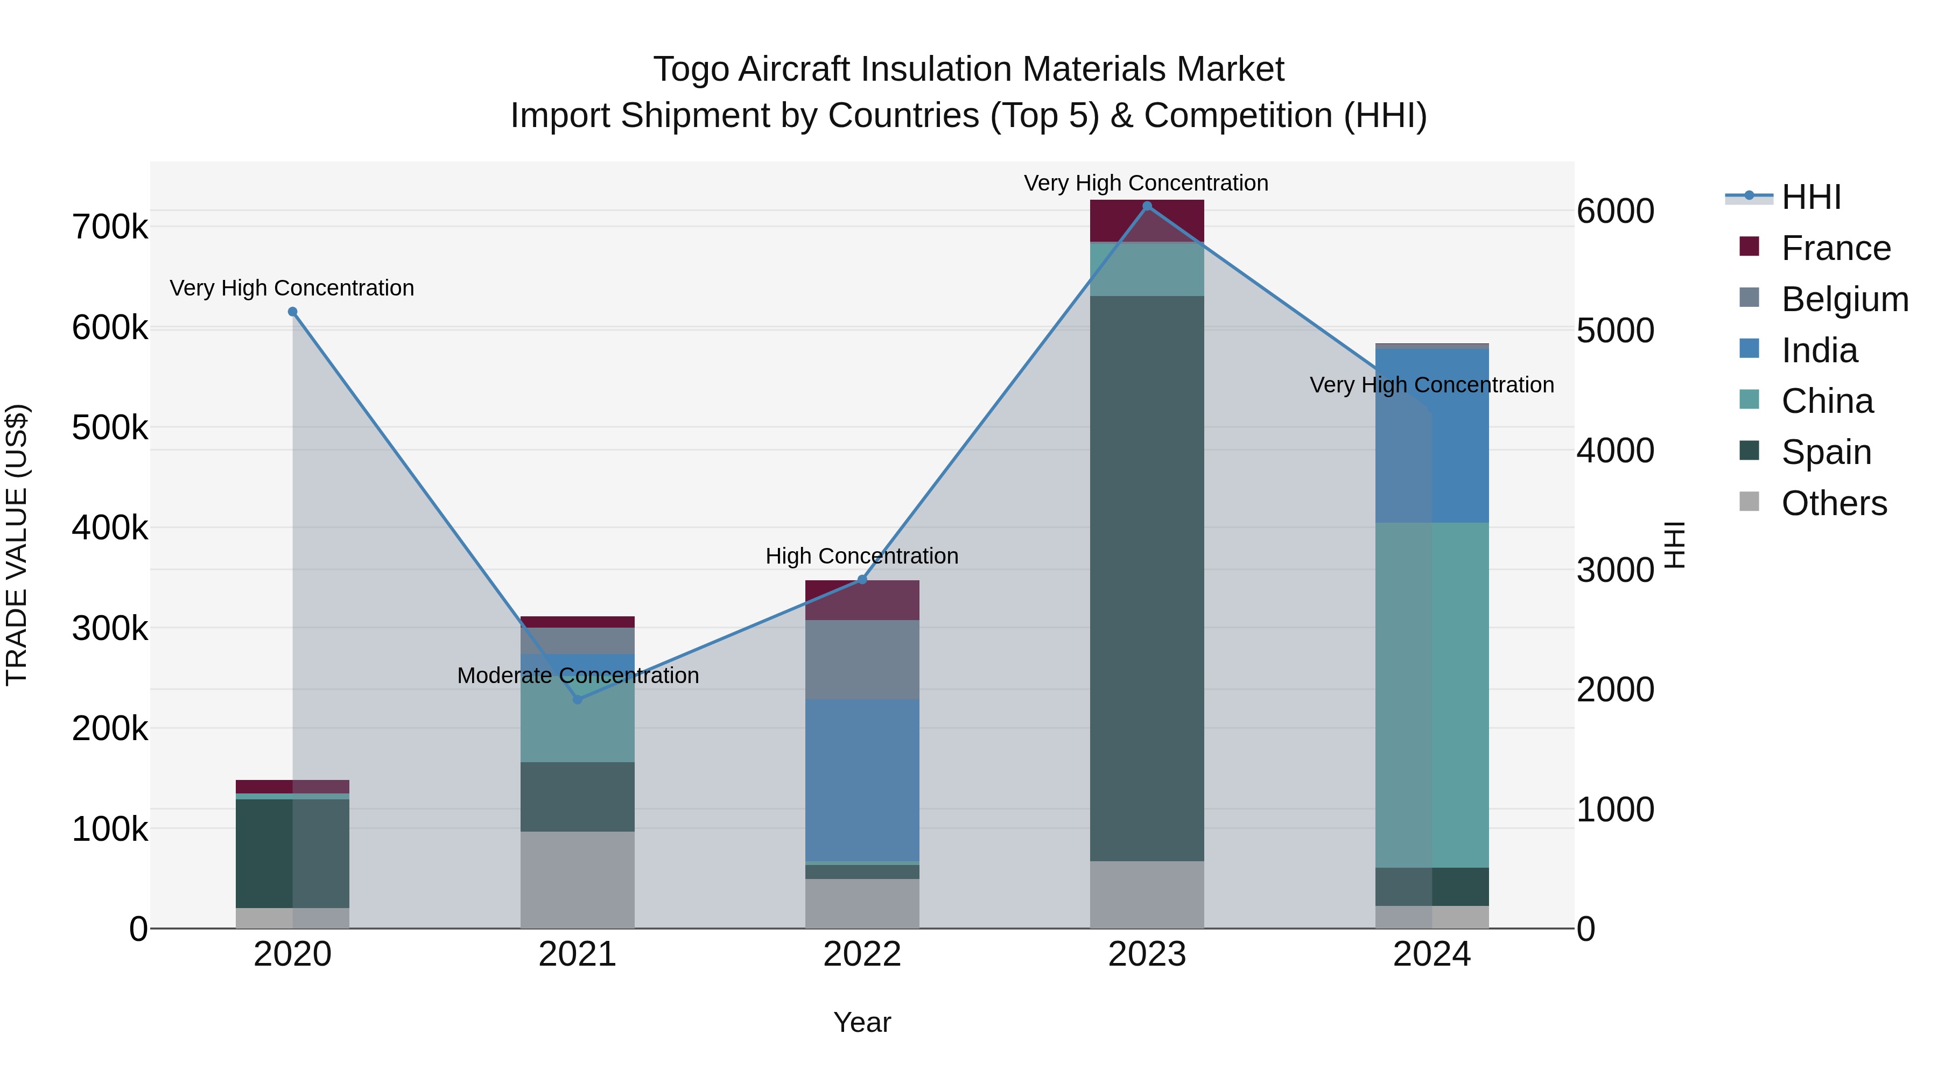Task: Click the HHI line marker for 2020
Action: pos(293,312)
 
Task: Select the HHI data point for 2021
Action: pos(577,700)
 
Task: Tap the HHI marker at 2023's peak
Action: pos(1147,206)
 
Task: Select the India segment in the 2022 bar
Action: pos(862,780)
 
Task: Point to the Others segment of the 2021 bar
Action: pos(577,880)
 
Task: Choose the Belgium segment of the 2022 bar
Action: pos(862,660)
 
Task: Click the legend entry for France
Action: pos(1835,248)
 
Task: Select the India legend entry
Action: pos(1818,350)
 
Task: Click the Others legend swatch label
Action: pos(1834,503)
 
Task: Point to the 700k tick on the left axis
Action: pos(110,227)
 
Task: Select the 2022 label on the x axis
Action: pos(862,954)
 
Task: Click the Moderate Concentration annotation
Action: pos(578,676)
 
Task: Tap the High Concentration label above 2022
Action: pos(862,556)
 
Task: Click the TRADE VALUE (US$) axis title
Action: pos(17,545)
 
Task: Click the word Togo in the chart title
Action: pos(691,69)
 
